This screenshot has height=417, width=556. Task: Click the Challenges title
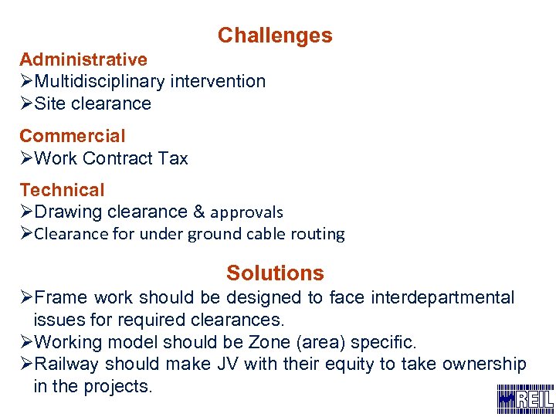click(x=275, y=36)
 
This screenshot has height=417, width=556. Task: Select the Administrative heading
click(x=83, y=59)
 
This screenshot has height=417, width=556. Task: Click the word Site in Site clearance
click(x=50, y=103)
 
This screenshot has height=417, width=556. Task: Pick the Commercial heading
click(x=72, y=136)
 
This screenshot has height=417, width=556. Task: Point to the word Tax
click(x=173, y=158)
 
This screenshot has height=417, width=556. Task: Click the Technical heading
click(x=62, y=190)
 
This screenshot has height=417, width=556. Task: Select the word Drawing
click(x=69, y=212)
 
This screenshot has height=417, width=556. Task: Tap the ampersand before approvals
click(x=198, y=212)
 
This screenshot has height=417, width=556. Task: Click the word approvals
click(x=247, y=212)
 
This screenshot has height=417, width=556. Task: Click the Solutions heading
click(x=275, y=273)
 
